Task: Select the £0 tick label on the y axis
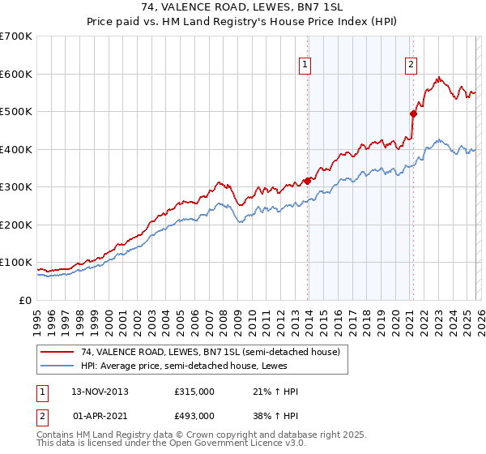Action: [x=24, y=300]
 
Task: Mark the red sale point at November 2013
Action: [x=308, y=181]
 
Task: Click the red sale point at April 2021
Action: [x=413, y=113]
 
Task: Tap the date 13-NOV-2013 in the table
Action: [x=100, y=392]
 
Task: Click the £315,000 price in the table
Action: [x=194, y=392]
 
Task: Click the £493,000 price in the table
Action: [x=194, y=415]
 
